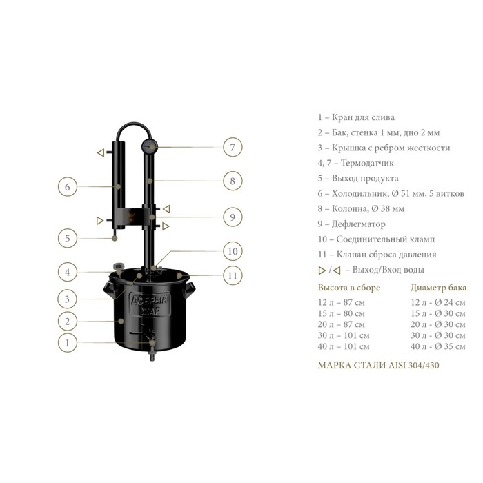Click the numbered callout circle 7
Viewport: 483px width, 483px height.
pos(233,147)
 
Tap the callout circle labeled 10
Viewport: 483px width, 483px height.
pos(233,251)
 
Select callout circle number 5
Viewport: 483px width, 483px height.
pos(68,238)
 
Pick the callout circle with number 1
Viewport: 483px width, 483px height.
pos(68,342)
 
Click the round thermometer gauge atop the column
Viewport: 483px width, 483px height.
pos(150,146)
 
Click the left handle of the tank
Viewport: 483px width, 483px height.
pos(108,290)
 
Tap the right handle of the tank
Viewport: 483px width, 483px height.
pos(190,290)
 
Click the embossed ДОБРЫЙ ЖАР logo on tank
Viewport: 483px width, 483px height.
pos(150,305)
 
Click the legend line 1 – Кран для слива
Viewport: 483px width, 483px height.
pos(356,117)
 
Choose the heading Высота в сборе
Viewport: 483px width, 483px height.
pos(349,288)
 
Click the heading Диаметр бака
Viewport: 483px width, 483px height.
pos(438,288)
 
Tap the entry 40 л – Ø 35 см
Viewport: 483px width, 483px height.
pos(437,346)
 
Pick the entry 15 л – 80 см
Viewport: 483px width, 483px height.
pos(342,313)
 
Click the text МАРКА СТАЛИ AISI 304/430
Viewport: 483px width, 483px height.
pos(379,365)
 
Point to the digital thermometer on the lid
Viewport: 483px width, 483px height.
pos(119,267)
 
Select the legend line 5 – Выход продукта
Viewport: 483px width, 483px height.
pos(358,178)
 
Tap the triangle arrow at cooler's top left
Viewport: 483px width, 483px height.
pos(101,152)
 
